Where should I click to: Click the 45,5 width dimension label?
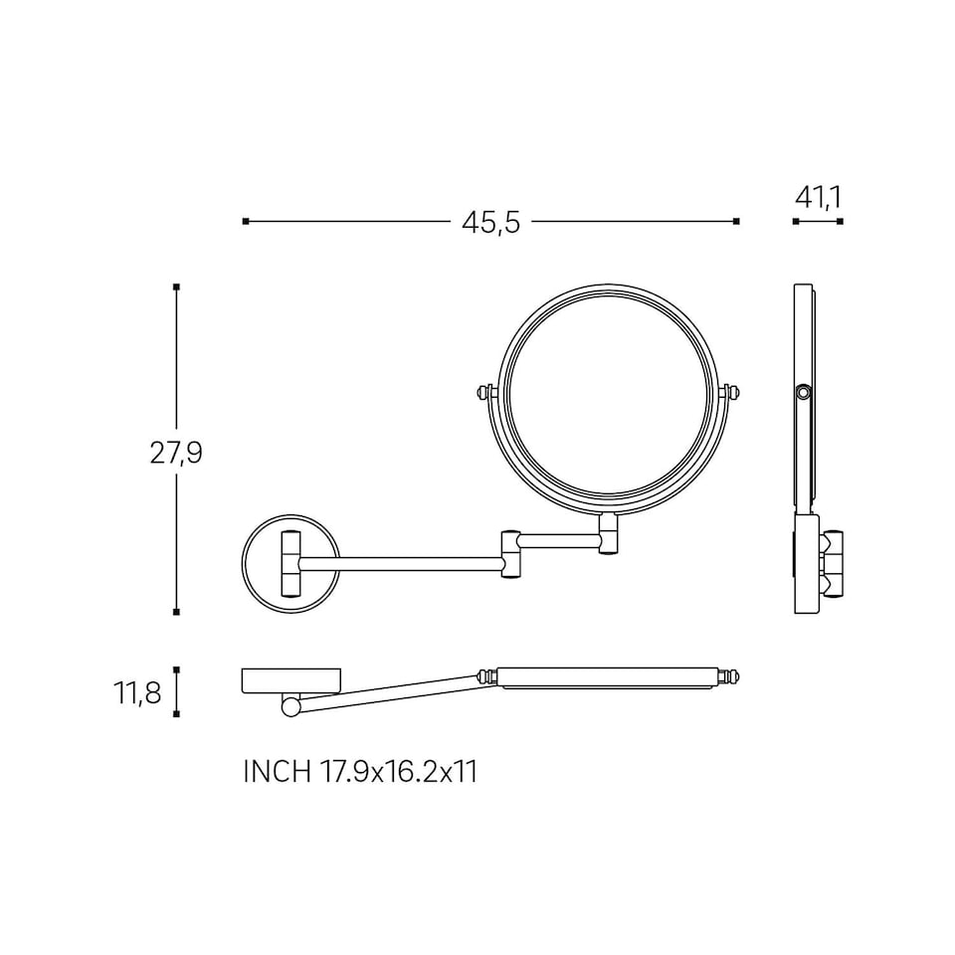490,222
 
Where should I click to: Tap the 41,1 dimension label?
818,197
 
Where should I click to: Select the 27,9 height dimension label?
176,453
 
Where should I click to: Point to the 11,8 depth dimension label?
137,692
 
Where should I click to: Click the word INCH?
278,772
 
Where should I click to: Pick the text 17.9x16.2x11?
398,772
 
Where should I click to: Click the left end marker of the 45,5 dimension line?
246,221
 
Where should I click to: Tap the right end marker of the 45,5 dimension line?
736,221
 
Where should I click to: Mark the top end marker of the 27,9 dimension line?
177,286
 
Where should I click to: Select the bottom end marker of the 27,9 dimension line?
177,612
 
